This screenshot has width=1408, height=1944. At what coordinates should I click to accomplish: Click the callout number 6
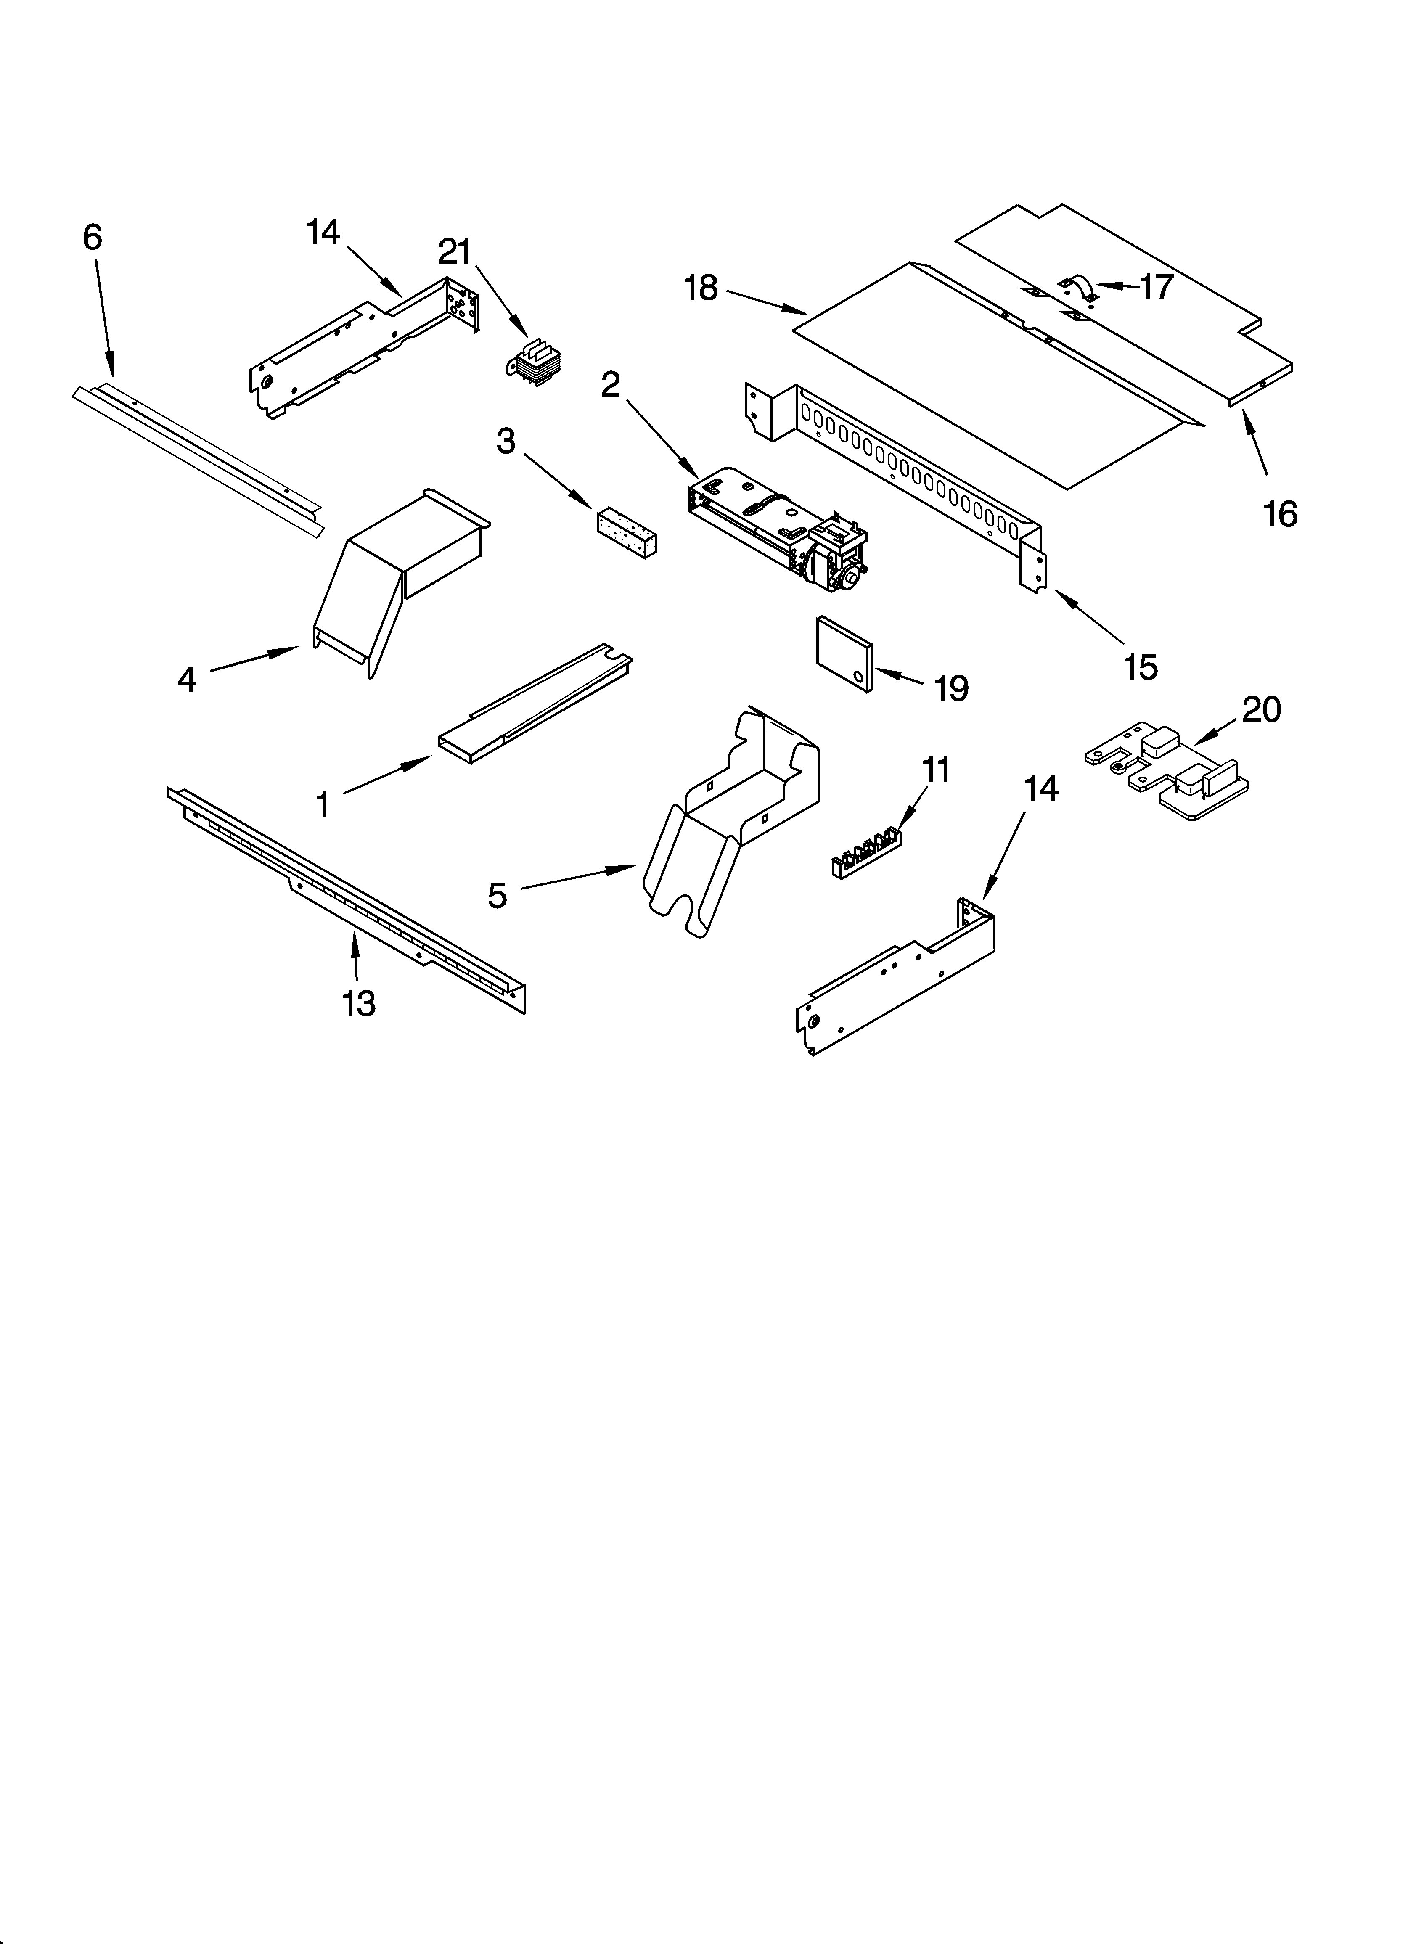pyautogui.click(x=92, y=238)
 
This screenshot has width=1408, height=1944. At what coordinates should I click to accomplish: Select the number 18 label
pyautogui.click(x=701, y=289)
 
